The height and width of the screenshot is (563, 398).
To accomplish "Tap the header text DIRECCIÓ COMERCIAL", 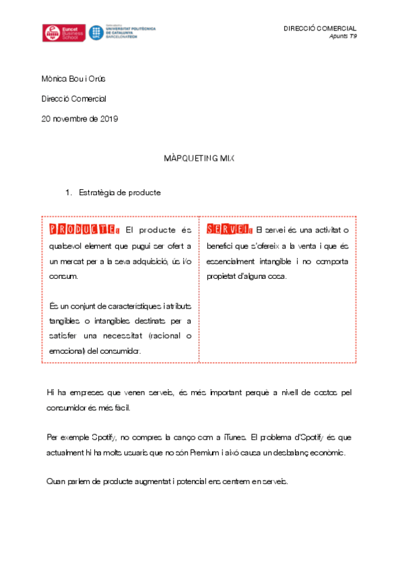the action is pos(320,29).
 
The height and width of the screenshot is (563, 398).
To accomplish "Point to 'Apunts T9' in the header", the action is pos(343,36).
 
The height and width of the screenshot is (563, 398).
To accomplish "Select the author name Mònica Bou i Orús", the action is pos(73,79).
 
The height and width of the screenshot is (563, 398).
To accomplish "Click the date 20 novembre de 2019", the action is pos(79,119).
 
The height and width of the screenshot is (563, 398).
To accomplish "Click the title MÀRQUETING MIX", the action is pos(198,160).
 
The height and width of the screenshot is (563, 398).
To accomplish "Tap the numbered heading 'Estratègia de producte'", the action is pos(120,193).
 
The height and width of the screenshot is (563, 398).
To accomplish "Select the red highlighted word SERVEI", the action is pos(228,230).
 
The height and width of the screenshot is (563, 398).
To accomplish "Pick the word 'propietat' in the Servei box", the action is pos(225,276).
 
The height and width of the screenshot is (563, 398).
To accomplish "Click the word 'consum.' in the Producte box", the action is pos(63,276).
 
